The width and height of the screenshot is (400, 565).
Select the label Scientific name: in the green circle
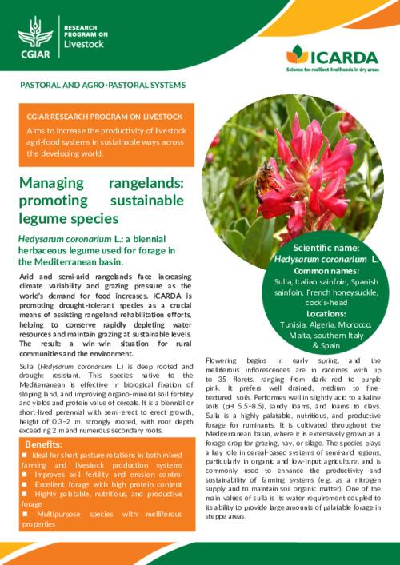(326, 249)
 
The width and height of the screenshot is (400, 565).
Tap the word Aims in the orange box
(35, 129)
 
